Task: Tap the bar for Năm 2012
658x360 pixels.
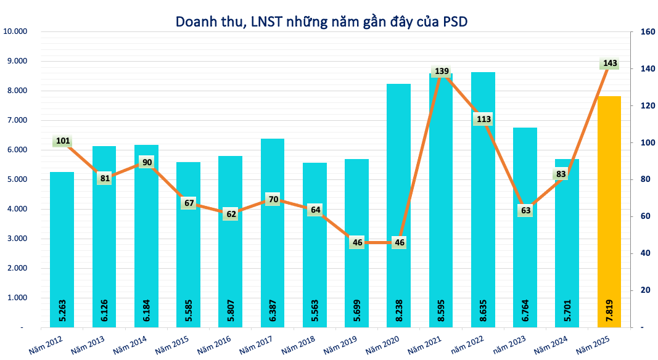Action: click(x=62, y=247)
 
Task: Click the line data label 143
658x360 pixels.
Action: click(x=610, y=63)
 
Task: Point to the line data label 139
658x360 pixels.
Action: click(x=442, y=72)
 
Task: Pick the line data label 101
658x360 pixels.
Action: click(x=62, y=141)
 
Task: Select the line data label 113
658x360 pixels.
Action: click(x=483, y=119)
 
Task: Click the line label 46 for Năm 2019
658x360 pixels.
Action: click(x=356, y=242)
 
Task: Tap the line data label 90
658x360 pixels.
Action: click(x=146, y=162)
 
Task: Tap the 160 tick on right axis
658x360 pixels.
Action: click(x=647, y=31)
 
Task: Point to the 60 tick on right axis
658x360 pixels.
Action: click(x=645, y=216)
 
